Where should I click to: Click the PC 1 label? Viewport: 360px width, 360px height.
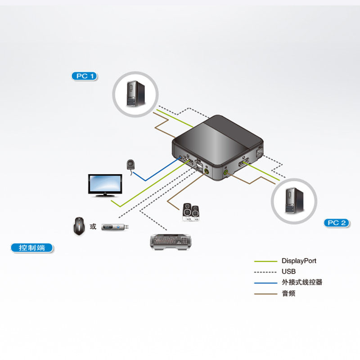[85, 76]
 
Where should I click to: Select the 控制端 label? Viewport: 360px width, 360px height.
[31, 247]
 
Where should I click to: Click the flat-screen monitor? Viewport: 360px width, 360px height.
[104, 185]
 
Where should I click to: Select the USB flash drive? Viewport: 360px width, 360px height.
[116, 227]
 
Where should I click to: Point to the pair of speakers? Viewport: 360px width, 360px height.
[191, 212]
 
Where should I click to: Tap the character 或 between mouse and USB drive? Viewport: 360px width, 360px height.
[93, 226]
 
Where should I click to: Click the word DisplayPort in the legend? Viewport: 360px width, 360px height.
[299, 261]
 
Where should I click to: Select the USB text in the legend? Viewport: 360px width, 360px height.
[288, 272]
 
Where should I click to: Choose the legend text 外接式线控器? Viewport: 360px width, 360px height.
[302, 283]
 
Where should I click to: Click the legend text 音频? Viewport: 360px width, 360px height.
[288, 294]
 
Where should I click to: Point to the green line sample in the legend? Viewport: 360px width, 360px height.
[265, 261]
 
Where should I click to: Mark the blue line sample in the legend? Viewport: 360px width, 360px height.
[265, 283]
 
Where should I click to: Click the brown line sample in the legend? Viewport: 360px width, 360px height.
[265, 294]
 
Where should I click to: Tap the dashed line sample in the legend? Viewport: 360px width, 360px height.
[265, 272]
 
